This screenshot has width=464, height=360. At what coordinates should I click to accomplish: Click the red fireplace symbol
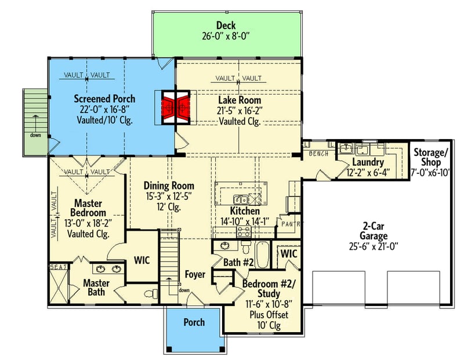175,107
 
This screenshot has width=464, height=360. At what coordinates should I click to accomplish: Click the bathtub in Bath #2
263,255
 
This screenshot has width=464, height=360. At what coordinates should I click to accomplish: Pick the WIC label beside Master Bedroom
142,260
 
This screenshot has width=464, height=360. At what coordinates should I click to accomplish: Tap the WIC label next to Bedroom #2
289,254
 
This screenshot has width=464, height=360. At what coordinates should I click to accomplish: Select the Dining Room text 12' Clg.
169,206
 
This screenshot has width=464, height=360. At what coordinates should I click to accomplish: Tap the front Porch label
194,322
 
